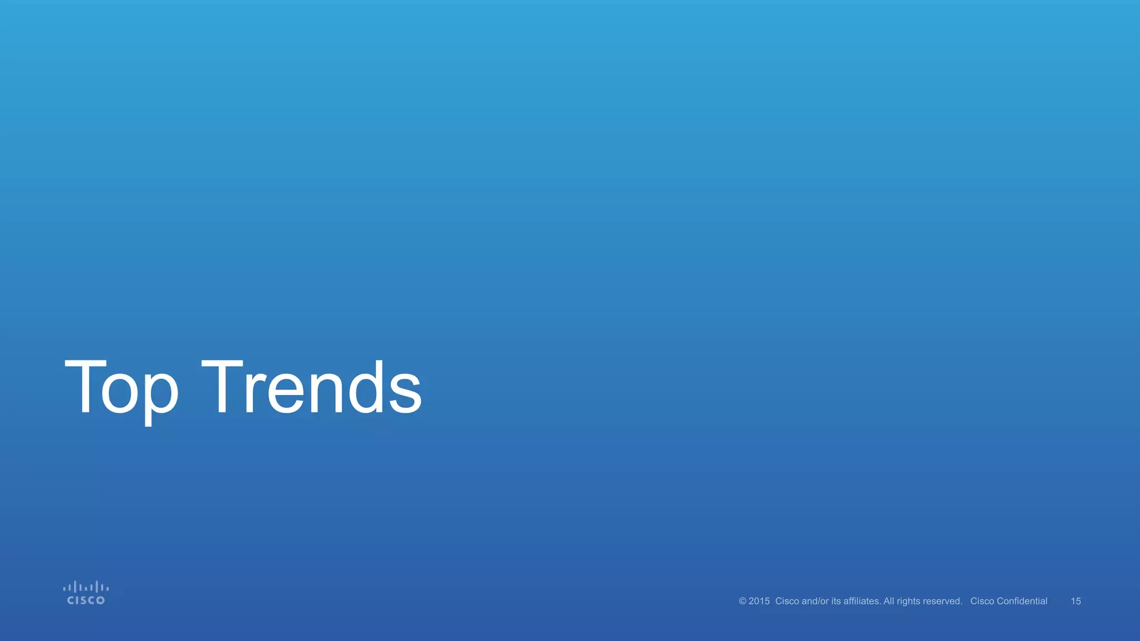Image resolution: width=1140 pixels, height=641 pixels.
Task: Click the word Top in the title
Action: pos(121,388)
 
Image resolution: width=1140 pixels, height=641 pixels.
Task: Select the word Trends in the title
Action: pos(311,388)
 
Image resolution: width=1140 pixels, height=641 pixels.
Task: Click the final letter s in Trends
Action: pos(405,394)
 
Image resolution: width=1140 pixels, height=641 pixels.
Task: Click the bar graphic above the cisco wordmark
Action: pos(86,587)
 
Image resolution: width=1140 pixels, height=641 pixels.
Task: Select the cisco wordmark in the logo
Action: pos(86,600)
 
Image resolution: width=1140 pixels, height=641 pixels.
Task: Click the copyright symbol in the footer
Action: pos(743,601)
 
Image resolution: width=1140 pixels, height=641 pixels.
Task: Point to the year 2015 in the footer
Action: pos(759,601)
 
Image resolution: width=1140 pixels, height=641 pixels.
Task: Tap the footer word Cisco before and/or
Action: pos(787,601)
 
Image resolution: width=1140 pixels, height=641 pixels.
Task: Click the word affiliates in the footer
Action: pos(862,601)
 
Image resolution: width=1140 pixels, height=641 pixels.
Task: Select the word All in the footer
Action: pos(888,601)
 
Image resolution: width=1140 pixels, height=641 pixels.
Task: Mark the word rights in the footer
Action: pos(909,601)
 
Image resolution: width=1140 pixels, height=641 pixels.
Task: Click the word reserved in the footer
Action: pos(944,601)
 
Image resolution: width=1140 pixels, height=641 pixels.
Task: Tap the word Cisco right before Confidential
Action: pos(982,601)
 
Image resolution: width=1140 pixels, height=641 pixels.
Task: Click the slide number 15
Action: pos(1076,601)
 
